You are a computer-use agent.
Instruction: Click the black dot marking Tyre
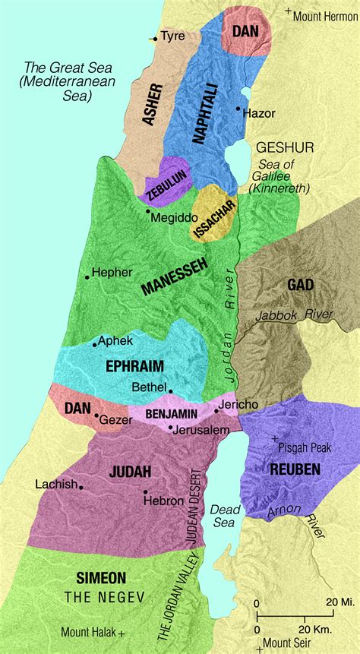point(155,38)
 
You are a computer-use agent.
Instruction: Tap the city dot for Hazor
point(238,109)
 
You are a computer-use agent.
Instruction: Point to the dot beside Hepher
point(87,277)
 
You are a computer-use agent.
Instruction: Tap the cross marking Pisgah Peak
point(273,440)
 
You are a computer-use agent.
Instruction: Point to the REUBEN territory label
point(295,469)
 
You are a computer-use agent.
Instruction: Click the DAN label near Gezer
point(77,408)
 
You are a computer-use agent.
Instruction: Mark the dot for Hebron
point(144,492)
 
